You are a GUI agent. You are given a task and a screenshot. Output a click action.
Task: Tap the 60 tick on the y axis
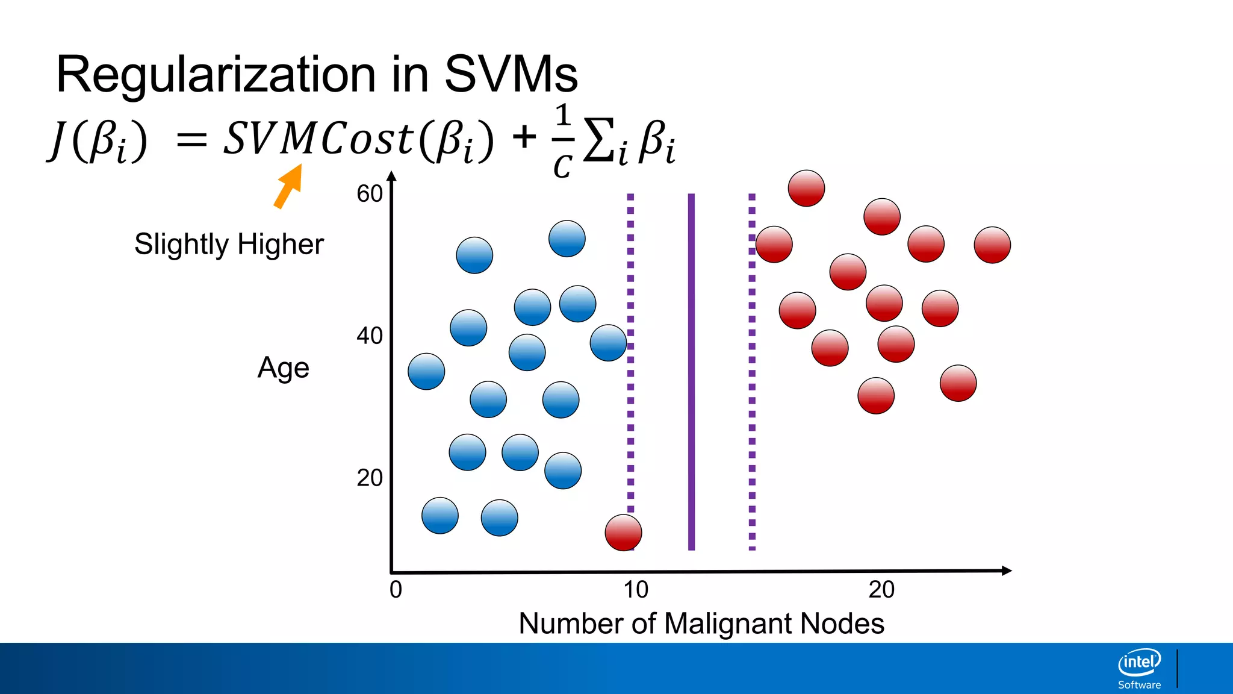click(369, 194)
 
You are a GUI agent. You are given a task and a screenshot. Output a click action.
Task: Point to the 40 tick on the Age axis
click(369, 336)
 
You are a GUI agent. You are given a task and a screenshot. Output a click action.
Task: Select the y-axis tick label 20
click(369, 478)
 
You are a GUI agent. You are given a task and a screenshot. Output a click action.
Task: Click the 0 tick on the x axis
click(396, 589)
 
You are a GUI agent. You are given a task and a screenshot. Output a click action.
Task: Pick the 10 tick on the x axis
click(636, 589)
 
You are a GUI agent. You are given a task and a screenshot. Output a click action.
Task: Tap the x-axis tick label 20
click(881, 589)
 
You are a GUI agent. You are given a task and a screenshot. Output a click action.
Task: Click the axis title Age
click(283, 368)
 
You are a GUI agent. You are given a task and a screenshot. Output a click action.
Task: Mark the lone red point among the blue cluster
click(623, 533)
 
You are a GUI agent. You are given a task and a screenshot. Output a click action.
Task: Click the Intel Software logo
click(1140, 668)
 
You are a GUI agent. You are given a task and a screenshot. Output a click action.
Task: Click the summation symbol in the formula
click(600, 141)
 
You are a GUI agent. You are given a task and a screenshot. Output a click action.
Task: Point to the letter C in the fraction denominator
click(562, 166)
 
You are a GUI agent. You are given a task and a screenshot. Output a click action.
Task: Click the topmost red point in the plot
click(806, 188)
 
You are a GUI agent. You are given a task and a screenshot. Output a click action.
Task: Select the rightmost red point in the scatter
click(992, 245)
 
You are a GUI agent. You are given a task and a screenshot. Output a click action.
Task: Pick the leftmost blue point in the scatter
click(426, 371)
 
